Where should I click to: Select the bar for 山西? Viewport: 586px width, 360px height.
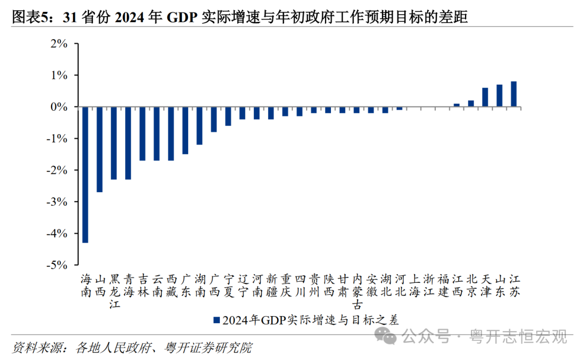coord(99,149)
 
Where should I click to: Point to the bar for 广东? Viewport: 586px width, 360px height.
coord(185,130)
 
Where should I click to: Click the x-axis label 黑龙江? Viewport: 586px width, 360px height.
coord(114,291)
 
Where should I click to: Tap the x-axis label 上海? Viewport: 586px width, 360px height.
coord(414,285)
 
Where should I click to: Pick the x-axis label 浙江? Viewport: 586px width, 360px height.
coord(429,285)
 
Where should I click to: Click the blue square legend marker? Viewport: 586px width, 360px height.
coord(216,320)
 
